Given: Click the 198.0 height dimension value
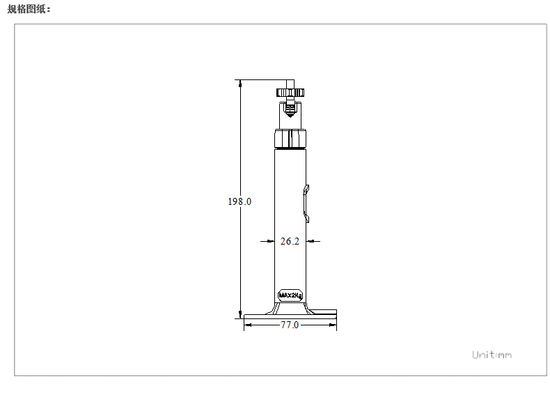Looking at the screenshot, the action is (239, 201).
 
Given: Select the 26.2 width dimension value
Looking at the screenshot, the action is (290, 241).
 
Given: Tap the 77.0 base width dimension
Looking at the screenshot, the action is (290, 325).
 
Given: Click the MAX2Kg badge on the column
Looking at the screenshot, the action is (290, 295).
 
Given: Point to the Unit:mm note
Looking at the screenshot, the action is (492, 355).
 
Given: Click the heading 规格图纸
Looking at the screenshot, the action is (29, 9).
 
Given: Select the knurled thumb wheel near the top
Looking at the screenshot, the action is (290, 93).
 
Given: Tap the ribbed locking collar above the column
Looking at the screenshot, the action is (290, 139).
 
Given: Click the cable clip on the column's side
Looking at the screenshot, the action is (306, 203).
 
